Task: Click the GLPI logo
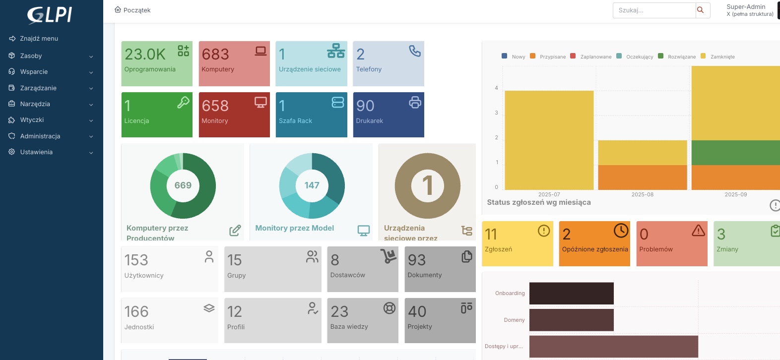50,15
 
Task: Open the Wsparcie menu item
34,72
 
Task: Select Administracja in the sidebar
40,136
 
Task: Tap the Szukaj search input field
654,10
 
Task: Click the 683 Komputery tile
234,63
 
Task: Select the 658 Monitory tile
234,115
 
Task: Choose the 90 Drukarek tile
388,115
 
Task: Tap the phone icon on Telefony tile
415,51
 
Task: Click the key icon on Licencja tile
183,102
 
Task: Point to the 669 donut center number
183,185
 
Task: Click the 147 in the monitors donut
312,185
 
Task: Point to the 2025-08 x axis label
642,194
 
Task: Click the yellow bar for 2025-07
549,140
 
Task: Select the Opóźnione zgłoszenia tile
594,243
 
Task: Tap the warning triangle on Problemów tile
698,230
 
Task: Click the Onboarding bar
571,294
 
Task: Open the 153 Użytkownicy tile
169,269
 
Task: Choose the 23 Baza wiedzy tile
362,320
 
